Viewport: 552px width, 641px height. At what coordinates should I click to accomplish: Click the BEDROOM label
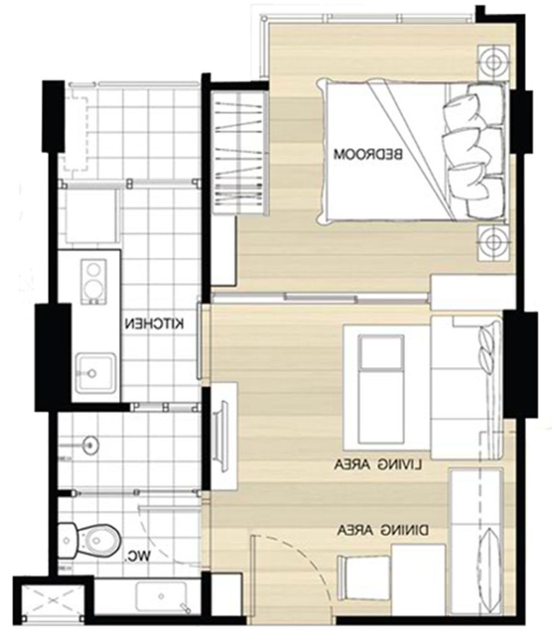point(368,154)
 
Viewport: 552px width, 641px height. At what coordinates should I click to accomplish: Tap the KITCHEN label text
point(155,324)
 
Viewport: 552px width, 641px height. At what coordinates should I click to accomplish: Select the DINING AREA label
point(383,530)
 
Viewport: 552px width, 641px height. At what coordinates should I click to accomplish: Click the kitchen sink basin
point(96,373)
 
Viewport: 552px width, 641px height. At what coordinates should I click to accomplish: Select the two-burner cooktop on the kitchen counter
point(93,281)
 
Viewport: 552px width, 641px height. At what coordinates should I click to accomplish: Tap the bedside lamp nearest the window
point(493,63)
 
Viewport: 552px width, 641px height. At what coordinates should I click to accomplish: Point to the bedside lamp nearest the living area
point(493,243)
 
